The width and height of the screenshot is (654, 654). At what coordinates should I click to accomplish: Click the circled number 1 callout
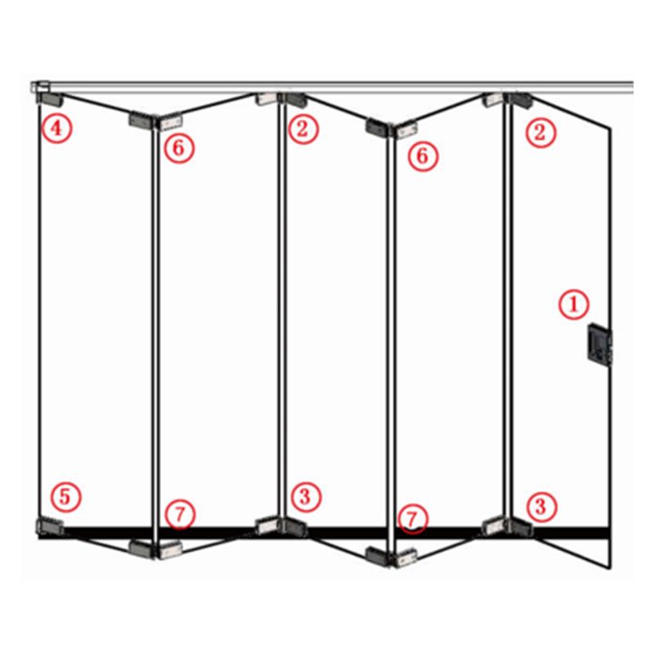tap(574, 304)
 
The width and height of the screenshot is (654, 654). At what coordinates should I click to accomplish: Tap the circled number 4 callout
tap(57, 128)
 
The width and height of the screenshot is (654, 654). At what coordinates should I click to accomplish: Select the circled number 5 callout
tap(65, 497)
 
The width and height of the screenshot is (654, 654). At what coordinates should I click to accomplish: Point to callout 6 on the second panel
tap(179, 148)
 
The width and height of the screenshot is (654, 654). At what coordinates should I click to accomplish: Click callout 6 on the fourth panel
tap(423, 156)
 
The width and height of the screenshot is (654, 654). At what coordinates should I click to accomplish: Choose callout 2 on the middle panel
tap(302, 128)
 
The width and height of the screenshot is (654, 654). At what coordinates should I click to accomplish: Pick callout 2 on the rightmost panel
tap(540, 132)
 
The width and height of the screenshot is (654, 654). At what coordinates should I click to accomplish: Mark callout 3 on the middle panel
tap(306, 497)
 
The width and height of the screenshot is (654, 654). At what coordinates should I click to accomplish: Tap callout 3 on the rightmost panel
tap(541, 507)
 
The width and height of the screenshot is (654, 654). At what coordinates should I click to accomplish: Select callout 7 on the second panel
tap(180, 514)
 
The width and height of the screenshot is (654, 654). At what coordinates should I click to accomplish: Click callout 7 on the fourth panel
tap(413, 519)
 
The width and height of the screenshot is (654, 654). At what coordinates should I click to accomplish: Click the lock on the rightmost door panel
tap(600, 344)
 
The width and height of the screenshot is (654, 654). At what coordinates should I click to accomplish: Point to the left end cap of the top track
tap(40, 87)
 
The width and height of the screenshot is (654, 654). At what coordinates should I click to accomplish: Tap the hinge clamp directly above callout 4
tap(51, 99)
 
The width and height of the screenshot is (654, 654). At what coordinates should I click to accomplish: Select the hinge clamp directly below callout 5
tap(50, 526)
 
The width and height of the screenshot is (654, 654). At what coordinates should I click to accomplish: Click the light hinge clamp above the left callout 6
tap(170, 122)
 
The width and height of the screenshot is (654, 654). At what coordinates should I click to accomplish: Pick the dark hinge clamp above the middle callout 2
tap(295, 100)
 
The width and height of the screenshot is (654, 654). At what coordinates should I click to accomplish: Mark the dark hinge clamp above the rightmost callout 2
tap(520, 101)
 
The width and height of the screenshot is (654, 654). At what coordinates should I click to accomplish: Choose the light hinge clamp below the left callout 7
tap(170, 550)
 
